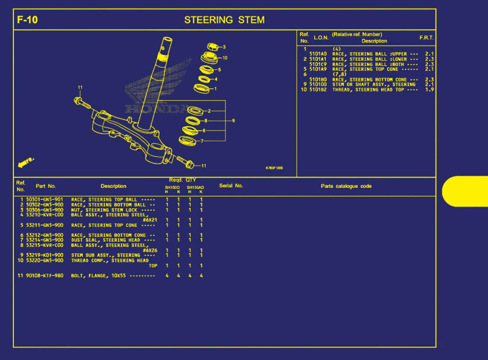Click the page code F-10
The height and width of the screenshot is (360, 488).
point(27,20)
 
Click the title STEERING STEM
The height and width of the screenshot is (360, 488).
point(224,20)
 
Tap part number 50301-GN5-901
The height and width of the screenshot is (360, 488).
point(44,200)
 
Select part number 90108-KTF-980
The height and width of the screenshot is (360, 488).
point(44,276)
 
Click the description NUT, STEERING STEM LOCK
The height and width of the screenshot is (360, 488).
point(104,210)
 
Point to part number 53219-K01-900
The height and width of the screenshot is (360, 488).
point(44,255)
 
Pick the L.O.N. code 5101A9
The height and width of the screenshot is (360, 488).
point(318,69)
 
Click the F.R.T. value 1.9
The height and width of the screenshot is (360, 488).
point(429,90)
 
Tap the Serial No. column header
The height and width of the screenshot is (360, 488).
point(231,186)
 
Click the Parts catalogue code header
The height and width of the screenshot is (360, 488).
point(346,186)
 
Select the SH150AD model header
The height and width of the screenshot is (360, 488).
point(195,188)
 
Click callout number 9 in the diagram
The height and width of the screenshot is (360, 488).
point(233,121)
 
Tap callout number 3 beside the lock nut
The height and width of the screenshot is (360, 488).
point(224,47)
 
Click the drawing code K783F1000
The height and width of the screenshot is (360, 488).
point(274,168)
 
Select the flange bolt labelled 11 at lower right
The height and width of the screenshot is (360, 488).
point(185,162)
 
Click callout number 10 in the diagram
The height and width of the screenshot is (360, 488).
point(225,58)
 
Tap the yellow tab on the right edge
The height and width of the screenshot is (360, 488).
point(466,191)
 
